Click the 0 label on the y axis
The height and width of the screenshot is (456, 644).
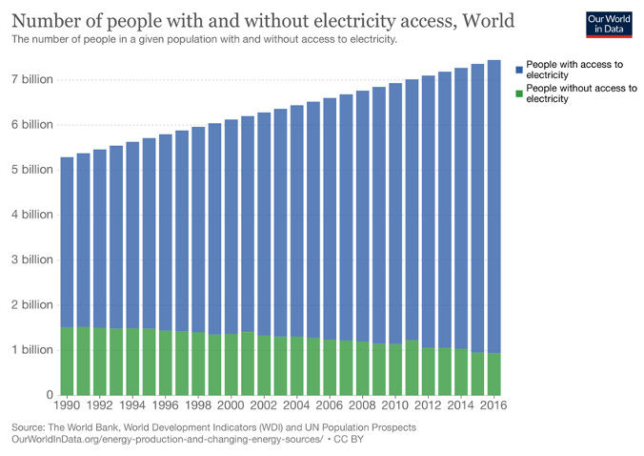pos(48,395)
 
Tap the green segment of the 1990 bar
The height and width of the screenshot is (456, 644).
pos(67,362)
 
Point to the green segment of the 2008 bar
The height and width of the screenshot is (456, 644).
pos(362,368)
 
